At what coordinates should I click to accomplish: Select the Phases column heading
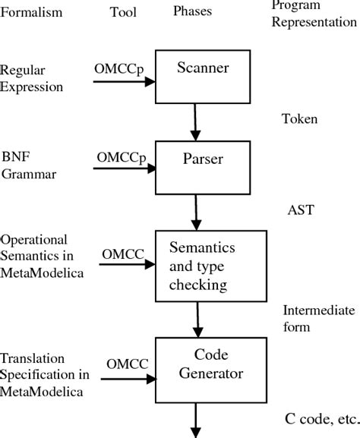click(192, 12)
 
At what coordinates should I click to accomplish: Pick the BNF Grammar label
click(24, 166)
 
